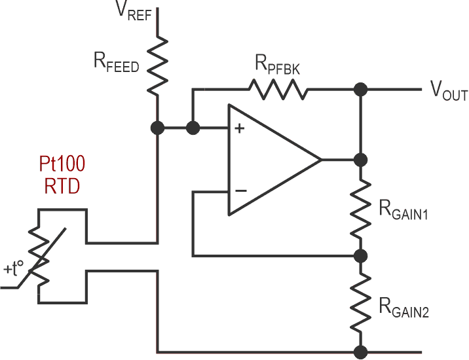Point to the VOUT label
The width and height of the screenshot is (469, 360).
[448, 94]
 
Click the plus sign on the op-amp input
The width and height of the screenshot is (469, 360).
[239, 128]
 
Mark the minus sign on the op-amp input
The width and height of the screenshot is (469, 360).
[240, 191]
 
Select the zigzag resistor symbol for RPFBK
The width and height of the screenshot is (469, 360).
[277, 89]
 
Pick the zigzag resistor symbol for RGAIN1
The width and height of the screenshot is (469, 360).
[358, 207]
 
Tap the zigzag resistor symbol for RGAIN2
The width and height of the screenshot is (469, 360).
[358, 303]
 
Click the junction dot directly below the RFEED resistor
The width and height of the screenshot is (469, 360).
[157, 128]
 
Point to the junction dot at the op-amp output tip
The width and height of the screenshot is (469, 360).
[358, 160]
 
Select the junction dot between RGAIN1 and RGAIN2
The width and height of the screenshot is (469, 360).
[358, 255]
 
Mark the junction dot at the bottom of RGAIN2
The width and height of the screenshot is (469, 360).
[358, 351]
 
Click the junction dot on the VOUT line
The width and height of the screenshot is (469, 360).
[358, 89]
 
